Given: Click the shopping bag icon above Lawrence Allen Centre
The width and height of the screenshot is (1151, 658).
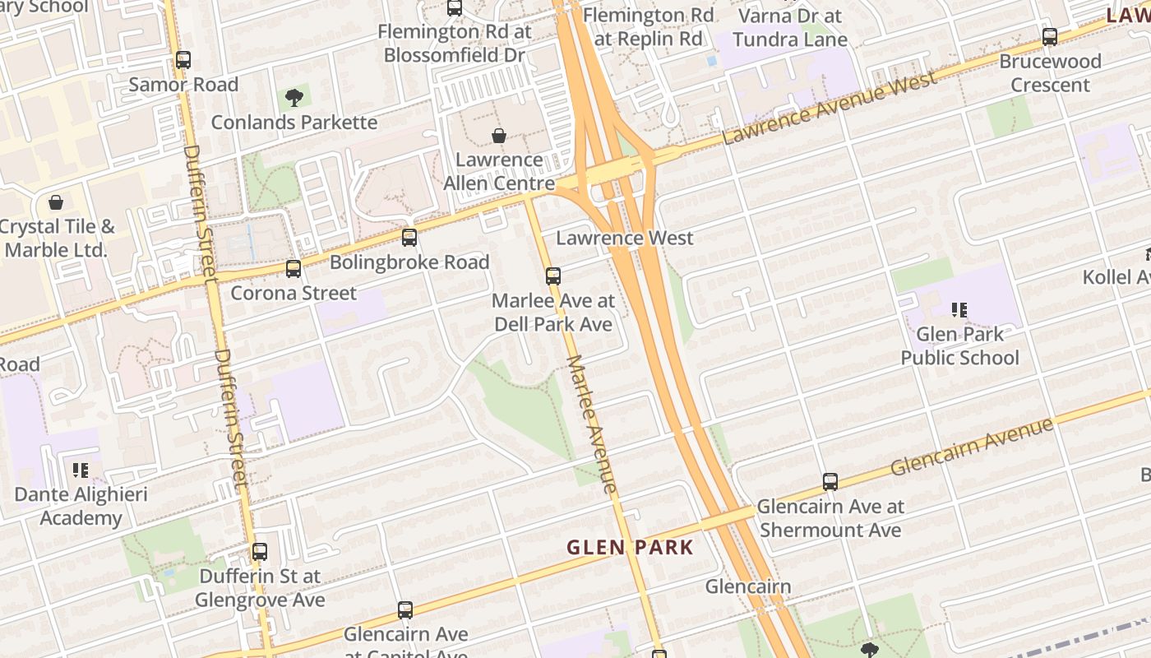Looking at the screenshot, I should [x=498, y=136].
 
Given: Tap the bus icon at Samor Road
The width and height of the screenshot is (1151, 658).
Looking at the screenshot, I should [x=183, y=60].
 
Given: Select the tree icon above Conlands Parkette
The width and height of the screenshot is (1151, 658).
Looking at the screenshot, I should [x=294, y=99].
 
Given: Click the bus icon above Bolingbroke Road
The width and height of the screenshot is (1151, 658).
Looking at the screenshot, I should [x=409, y=238].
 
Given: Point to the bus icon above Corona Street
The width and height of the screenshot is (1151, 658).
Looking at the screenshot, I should [x=294, y=268].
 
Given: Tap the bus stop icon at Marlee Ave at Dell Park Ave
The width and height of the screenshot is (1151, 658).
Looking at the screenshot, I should [x=553, y=276].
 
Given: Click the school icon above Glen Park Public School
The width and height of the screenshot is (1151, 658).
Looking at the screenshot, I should [x=959, y=310].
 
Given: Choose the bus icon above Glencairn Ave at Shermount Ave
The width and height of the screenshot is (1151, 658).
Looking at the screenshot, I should [x=830, y=482].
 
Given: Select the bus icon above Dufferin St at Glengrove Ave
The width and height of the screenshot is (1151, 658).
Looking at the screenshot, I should [x=260, y=552].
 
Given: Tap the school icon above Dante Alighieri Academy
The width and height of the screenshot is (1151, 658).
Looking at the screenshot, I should [x=81, y=470].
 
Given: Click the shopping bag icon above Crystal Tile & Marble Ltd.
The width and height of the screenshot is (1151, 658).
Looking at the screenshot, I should [x=56, y=202].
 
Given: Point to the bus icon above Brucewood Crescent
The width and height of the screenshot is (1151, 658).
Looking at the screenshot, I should [x=1050, y=37].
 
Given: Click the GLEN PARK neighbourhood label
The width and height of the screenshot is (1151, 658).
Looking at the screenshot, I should [x=631, y=547].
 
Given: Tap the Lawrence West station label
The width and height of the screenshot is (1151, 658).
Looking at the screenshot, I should [x=625, y=239].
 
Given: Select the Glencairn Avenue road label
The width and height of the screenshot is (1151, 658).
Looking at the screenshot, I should [x=971, y=447].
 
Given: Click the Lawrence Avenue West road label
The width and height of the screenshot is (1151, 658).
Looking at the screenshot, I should [x=830, y=109].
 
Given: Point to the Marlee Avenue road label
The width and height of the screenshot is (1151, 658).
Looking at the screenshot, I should [x=591, y=424].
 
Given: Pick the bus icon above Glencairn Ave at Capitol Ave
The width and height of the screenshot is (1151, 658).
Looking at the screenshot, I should [x=405, y=610].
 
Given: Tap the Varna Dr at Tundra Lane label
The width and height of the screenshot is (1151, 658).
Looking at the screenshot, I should [x=789, y=27].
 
